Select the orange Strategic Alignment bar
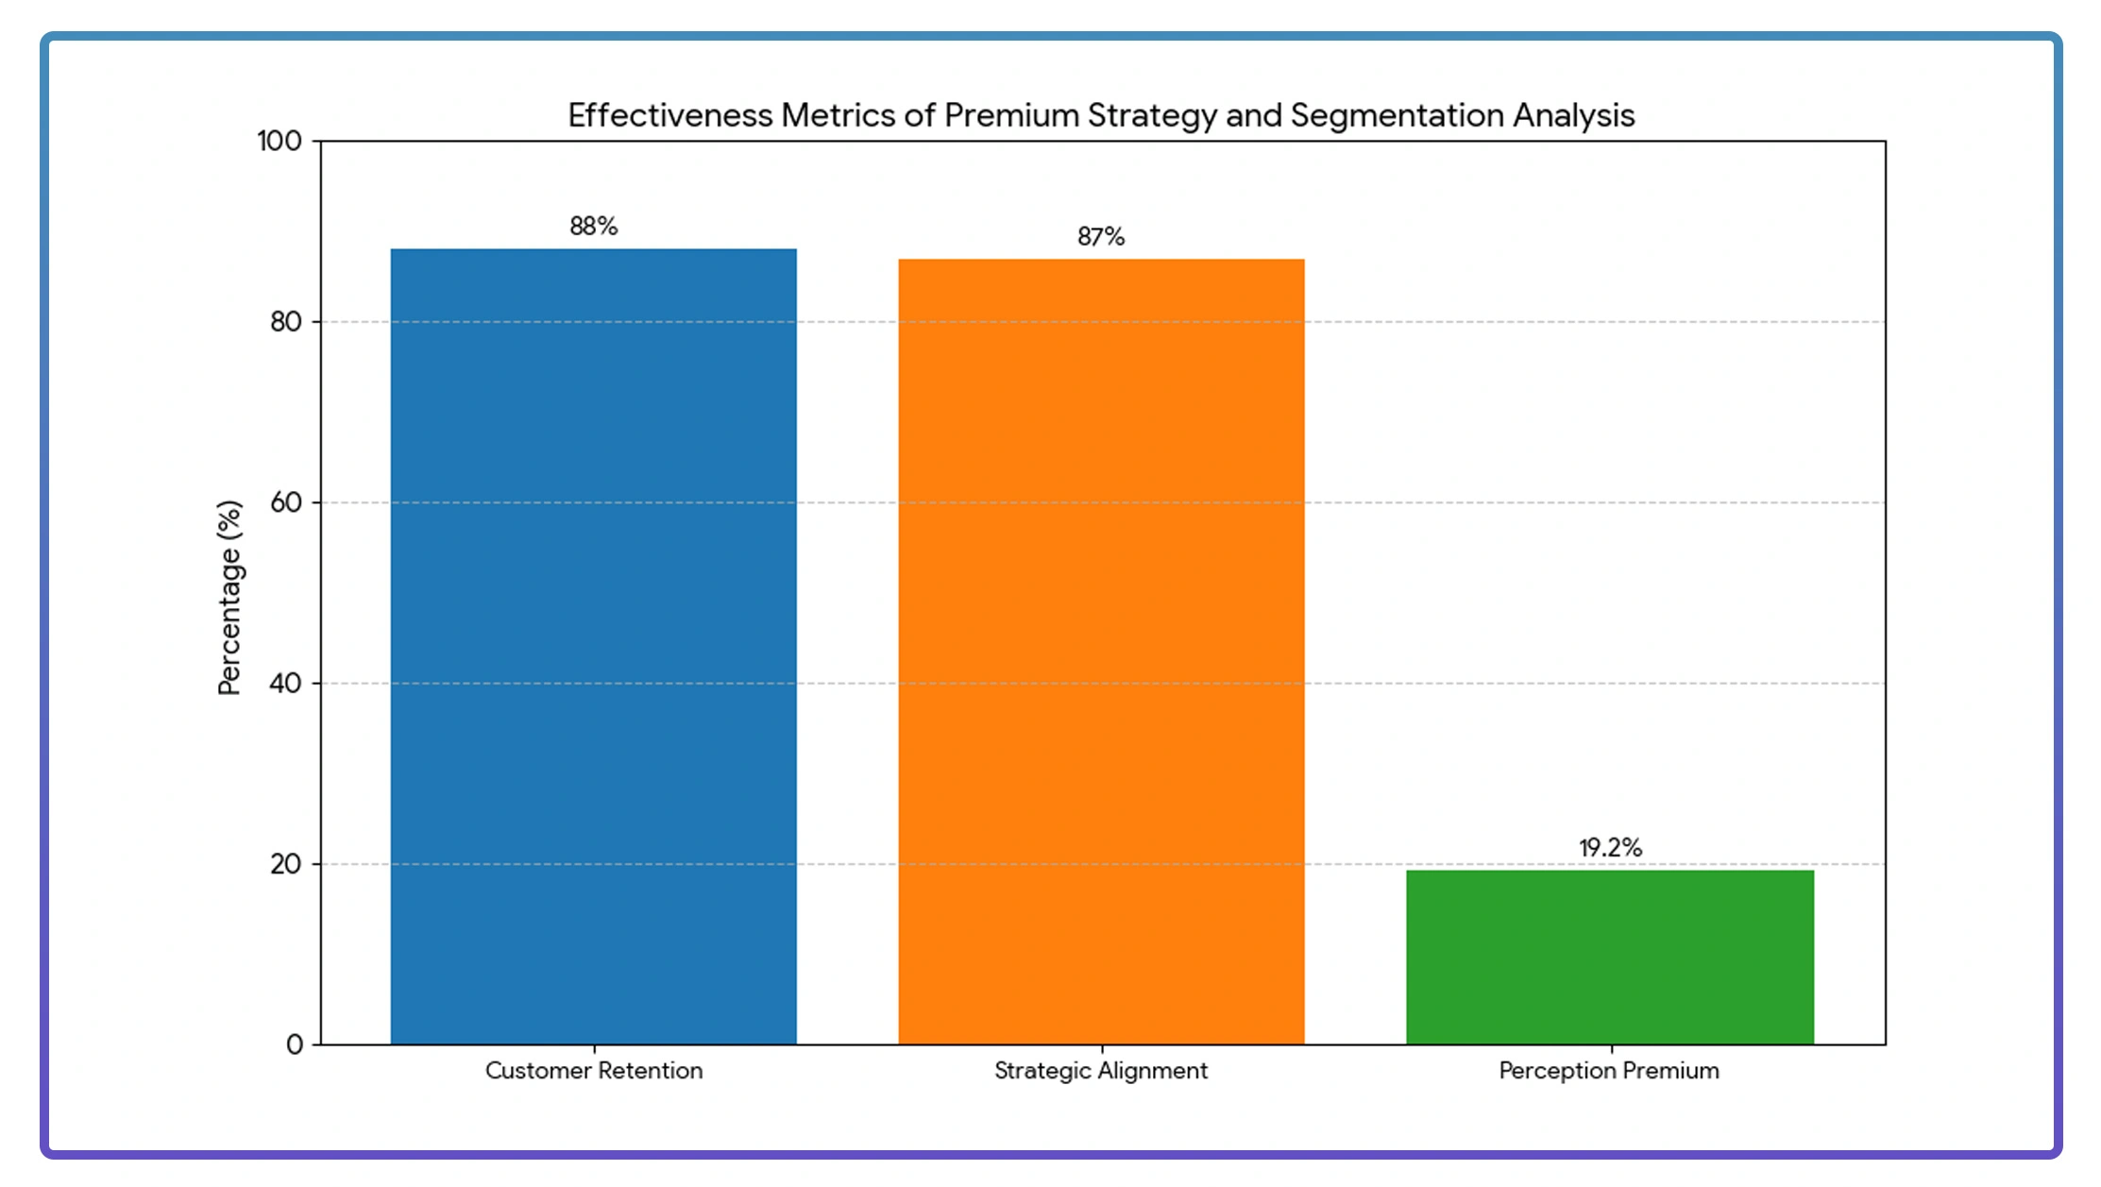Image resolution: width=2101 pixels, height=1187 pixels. point(1101,652)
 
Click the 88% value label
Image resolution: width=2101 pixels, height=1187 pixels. point(593,227)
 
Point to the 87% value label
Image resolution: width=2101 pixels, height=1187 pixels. point(1101,237)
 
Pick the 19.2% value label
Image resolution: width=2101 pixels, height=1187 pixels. point(1610,848)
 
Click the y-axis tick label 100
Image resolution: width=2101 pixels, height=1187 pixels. point(280,142)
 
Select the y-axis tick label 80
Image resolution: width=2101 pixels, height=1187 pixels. point(285,322)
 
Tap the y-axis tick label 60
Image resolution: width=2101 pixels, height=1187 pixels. point(285,502)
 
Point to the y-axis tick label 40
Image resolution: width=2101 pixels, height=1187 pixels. point(285,683)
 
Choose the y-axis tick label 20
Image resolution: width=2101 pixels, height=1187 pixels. point(285,864)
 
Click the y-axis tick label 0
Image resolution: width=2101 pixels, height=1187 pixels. point(295,1044)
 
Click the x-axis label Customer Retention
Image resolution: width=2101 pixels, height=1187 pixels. point(594,1071)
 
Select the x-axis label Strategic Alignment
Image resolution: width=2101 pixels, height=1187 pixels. point(1101,1071)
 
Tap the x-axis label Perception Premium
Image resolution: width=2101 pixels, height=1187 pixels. point(1609,1071)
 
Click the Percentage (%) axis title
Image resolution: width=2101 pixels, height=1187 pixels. point(229,598)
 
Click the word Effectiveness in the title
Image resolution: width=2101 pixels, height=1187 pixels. point(669,115)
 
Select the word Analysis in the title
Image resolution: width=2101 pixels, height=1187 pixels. point(1574,115)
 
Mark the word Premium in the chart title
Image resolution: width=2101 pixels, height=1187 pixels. point(1011,115)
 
